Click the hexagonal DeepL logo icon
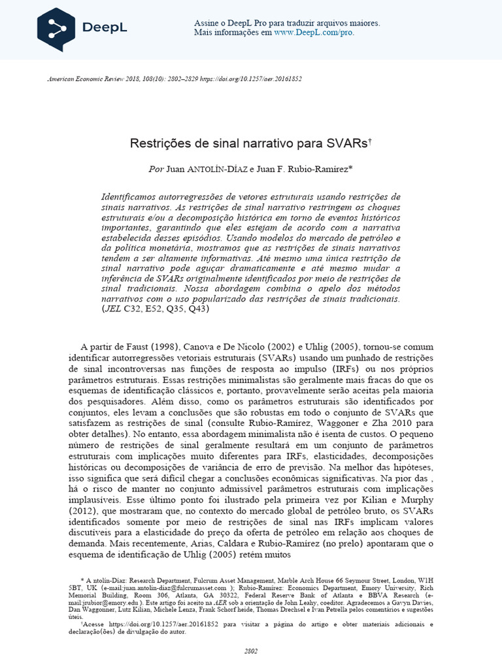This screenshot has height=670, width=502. coord(56,29)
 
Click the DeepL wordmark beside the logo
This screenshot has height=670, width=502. coord(105,28)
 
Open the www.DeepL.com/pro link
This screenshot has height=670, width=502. coord(314,32)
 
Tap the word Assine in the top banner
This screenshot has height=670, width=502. coord(207,23)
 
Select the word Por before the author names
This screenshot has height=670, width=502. coord(156,169)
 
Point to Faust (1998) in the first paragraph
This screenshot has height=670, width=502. coord(148,346)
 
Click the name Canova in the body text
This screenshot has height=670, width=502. coord(200,346)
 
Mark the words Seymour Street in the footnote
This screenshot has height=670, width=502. coord(367,580)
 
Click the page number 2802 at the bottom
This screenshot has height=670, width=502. coord(251,651)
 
